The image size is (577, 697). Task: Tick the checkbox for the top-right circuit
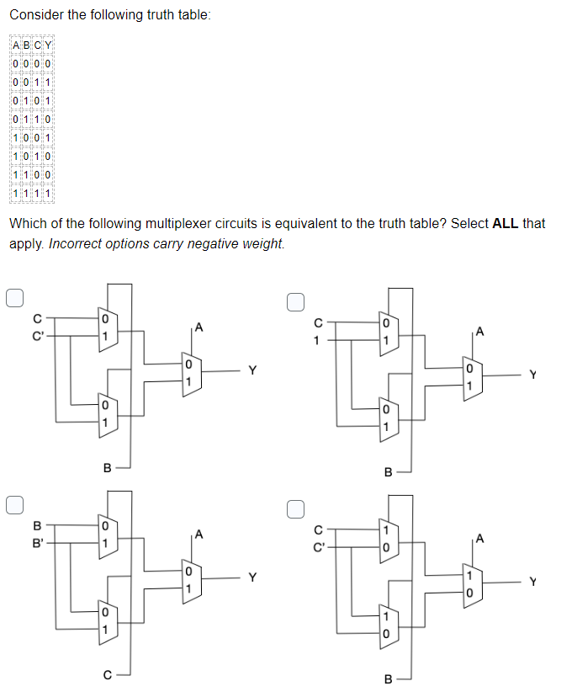[294, 301]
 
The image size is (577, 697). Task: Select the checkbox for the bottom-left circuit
[13, 505]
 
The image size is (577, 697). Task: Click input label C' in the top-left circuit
[36, 334]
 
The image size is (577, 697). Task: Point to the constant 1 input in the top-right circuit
[318, 340]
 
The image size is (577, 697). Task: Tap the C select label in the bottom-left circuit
[107, 673]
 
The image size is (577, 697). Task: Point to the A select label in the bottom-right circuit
[479, 538]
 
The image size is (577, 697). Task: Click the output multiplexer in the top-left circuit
[188, 374]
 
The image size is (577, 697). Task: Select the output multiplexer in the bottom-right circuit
[469, 583]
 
